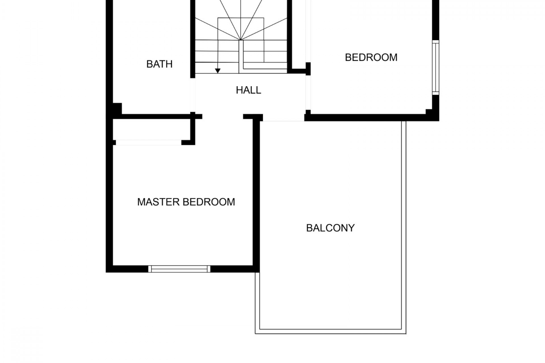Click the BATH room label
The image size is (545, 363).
[159, 64]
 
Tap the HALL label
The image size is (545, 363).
[248, 90]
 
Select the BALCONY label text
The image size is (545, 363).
[330, 228]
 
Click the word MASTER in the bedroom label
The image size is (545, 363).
[158, 202]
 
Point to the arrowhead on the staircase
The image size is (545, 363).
[218, 71]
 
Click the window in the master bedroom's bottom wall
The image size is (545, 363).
[179, 269]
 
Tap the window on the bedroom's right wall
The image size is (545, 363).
[435, 67]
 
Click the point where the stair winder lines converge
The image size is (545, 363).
[241, 40]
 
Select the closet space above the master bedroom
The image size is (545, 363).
[152, 129]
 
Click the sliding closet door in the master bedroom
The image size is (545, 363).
[148, 143]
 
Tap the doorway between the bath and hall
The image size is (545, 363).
[193, 95]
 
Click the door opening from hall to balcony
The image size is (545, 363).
[284, 118]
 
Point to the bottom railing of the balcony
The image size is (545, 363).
[331, 332]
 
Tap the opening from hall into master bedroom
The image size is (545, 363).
[223, 117]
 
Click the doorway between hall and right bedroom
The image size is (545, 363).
[308, 92]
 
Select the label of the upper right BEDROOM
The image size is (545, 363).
[371, 58]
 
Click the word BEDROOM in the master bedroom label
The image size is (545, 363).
[209, 202]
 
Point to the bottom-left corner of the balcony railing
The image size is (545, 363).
[255, 334]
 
